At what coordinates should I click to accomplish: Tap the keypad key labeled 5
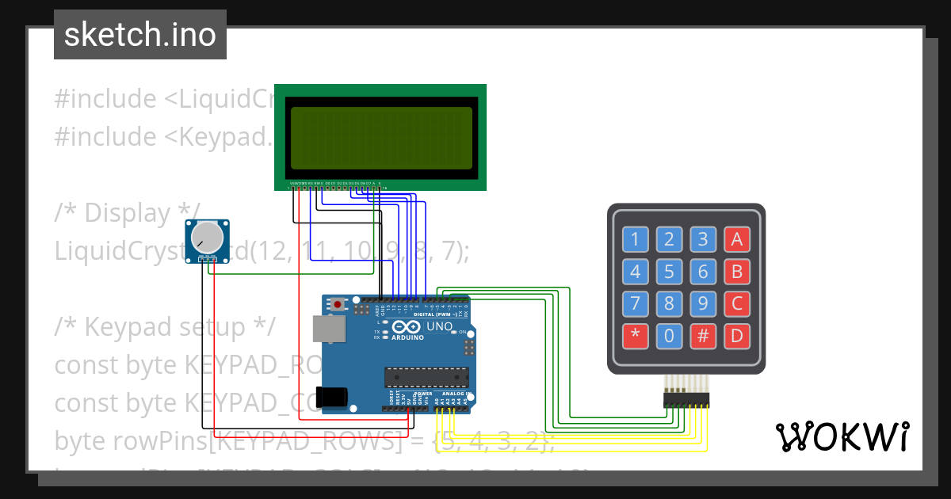tap(669, 272)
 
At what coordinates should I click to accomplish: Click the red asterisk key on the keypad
tap(635, 336)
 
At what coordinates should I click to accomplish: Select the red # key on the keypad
tap(703, 336)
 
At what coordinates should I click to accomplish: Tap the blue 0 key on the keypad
tap(669, 336)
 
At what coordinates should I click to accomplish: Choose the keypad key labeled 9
tap(703, 303)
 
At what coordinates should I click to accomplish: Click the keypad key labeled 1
tap(635, 239)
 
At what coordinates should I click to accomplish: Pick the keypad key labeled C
tap(737, 303)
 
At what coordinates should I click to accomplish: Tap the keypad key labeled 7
tap(635, 303)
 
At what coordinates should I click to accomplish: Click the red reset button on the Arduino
tap(338, 304)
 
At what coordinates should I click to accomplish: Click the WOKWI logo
tap(842, 436)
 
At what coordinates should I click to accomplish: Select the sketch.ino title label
tap(140, 35)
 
